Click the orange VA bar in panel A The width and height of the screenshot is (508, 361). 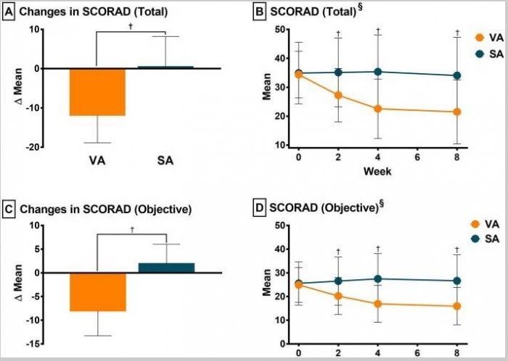coord(97,92)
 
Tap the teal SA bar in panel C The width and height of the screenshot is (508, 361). coord(166,268)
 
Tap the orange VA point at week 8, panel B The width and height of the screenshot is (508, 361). coord(457,112)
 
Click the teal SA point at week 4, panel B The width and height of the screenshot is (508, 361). coord(378,72)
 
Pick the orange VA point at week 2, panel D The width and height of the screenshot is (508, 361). coord(338,296)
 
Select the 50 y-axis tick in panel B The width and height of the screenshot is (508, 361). coord(285,29)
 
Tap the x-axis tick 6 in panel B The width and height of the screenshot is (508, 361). coord(418,157)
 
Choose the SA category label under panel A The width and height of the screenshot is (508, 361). coord(166,161)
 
